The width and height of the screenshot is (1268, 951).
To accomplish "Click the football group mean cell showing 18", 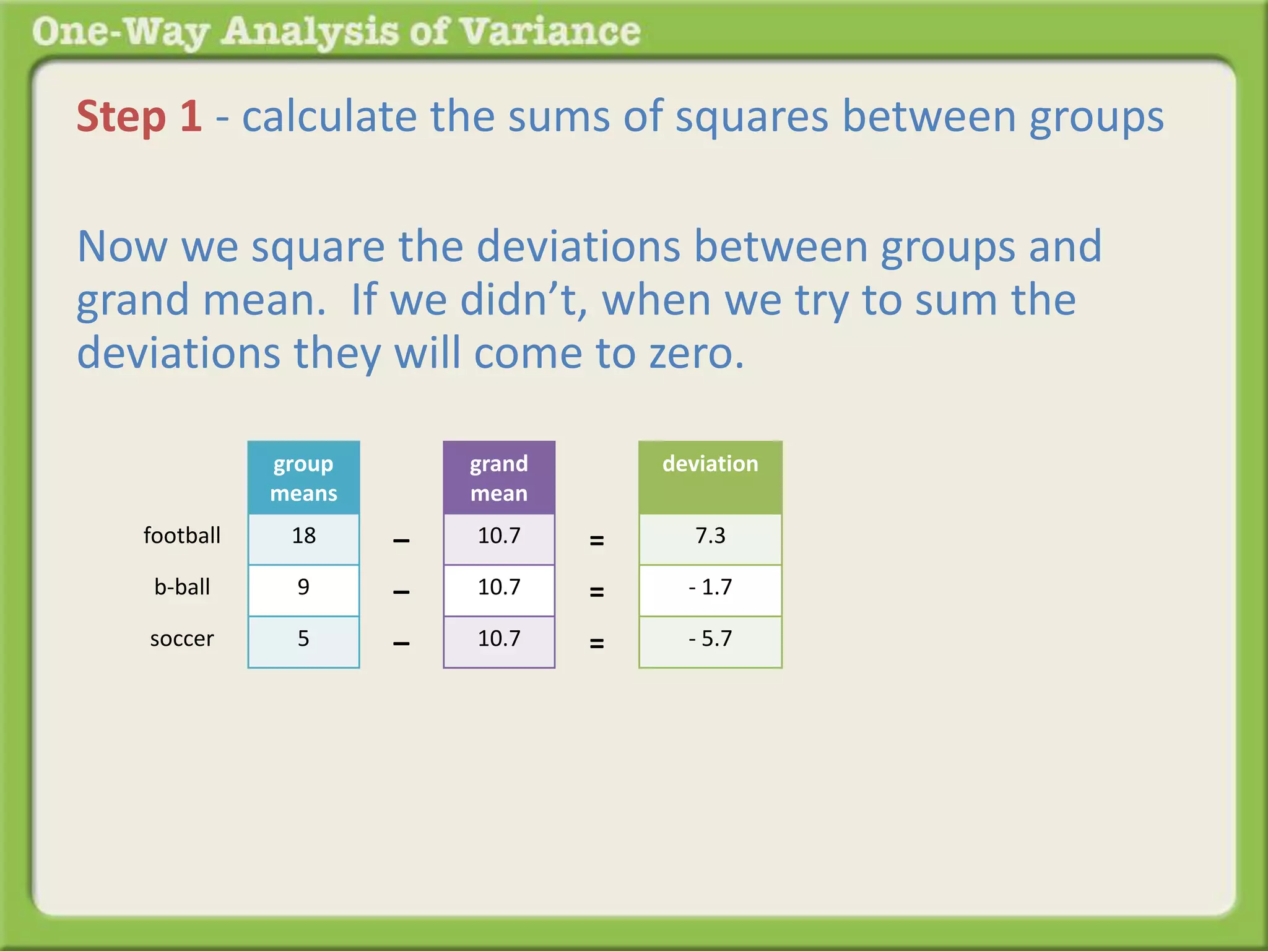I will click(303, 536).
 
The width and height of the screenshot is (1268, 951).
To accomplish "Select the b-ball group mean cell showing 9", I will click(303, 588).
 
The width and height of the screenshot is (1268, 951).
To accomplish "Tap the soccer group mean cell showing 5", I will click(303, 639).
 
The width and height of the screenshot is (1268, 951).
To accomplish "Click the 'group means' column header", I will click(303, 478).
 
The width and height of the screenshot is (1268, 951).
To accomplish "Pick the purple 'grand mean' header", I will click(499, 478).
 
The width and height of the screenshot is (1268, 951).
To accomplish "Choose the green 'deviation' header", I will click(710, 464).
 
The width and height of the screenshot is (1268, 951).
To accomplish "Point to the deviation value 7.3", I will click(710, 536).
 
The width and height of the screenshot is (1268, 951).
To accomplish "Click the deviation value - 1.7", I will click(710, 588).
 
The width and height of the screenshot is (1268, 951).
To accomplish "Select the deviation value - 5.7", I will click(710, 639).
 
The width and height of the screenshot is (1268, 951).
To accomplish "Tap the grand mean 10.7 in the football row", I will click(499, 536).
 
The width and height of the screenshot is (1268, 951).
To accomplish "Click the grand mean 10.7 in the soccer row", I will click(499, 639).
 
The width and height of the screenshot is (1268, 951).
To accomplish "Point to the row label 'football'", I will click(181, 536).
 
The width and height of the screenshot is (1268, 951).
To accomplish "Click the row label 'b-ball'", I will click(181, 588).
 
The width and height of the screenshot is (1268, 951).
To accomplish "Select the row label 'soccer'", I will click(181, 639).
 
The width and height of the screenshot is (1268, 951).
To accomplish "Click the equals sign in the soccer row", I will click(596, 644).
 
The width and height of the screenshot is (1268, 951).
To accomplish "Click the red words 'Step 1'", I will click(139, 116).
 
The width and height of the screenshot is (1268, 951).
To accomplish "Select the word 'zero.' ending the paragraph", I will click(696, 354).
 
